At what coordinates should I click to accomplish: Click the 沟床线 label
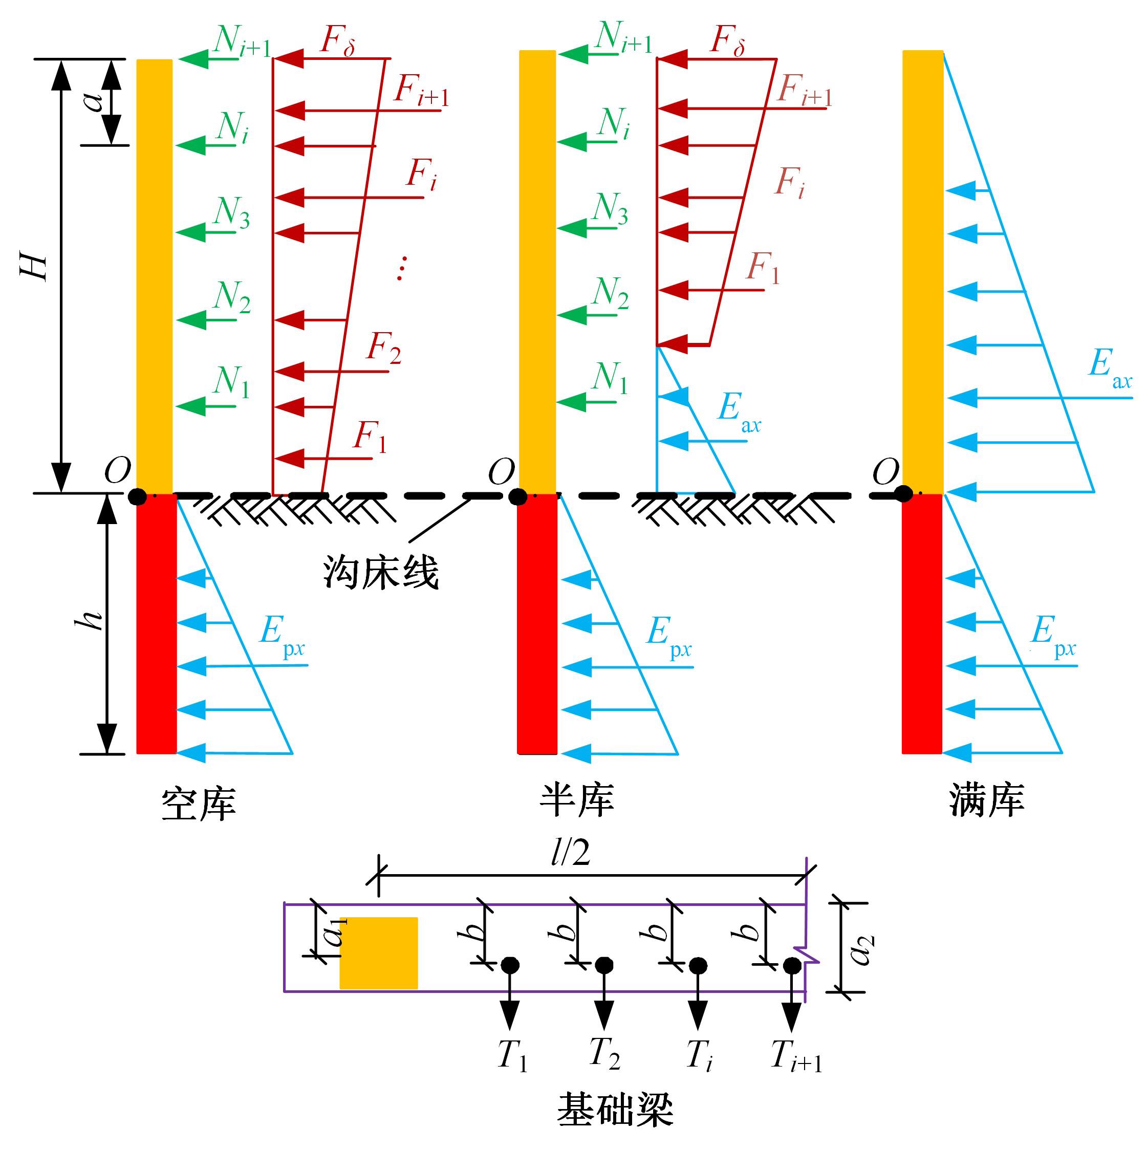click(381, 573)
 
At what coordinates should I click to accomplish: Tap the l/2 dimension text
click(570, 853)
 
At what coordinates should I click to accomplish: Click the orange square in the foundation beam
click(378, 953)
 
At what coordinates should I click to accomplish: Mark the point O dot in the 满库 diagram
click(904, 494)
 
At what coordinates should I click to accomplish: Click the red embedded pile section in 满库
click(922, 624)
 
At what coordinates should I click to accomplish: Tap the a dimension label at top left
click(94, 101)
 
